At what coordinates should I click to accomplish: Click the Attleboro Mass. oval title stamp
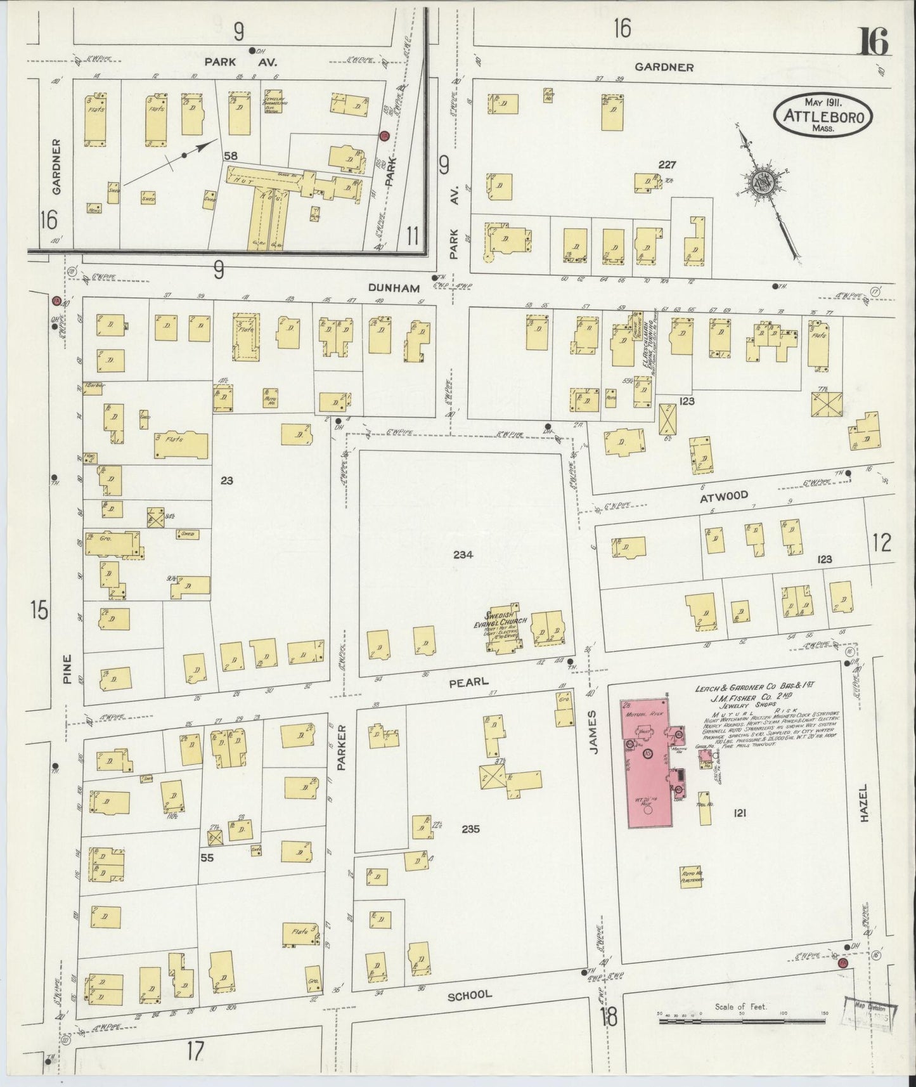pos(823,115)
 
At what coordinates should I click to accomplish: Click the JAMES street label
pos(594,740)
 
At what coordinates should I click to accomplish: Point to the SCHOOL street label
pos(470,994)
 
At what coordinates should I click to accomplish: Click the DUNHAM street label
pos(394,287)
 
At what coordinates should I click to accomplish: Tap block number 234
pos(463,554)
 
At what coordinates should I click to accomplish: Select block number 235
pos(470,829)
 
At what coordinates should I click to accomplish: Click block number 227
pos(667,165)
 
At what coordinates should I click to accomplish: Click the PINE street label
pos(67,669)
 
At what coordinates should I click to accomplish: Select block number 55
pos(207,858)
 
